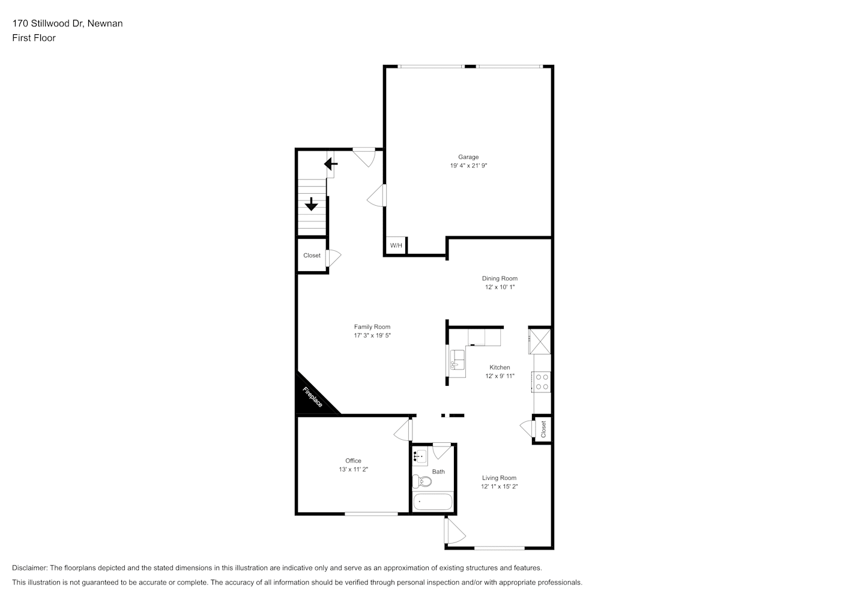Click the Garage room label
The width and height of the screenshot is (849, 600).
click(x=468, y=157)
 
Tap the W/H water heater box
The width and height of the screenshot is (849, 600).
click(x=396, y=245)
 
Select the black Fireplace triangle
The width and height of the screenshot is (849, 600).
click(x=313, y=395)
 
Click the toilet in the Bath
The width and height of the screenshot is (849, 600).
click(x=422, y=481)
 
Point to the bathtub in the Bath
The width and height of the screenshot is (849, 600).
click(x=432, y=502)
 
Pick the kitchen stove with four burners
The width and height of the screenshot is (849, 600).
click(x=542, y=382)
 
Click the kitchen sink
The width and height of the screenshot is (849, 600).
click(x=458, y=360)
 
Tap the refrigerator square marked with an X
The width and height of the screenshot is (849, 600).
click(x=540, y=341)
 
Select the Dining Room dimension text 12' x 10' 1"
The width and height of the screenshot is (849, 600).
click(x=500, y=287)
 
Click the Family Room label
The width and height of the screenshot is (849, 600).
click(x=372, y=326)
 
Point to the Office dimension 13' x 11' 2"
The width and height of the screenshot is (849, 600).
click(x=353, y=469)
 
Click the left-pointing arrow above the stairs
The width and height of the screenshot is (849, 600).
click(x=330, y=164)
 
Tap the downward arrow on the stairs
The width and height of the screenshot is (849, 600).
click(x=311, y=204)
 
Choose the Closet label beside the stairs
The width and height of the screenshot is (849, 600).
click(x=312, y=256)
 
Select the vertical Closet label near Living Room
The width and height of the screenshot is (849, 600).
click(x=543, y=429)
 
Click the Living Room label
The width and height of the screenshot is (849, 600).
click(x=499, y=478)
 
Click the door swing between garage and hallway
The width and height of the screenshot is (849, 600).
click(x=376, y=196)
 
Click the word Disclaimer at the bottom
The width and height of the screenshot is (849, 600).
click(x=29, y=568)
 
